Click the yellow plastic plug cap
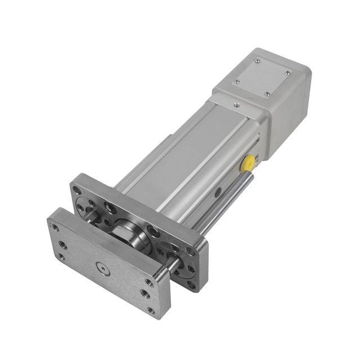[246, 164]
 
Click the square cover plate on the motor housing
[263, 77]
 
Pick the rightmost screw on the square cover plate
[288, 73]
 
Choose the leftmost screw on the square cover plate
[236, 82]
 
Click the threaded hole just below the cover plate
[236, 105]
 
